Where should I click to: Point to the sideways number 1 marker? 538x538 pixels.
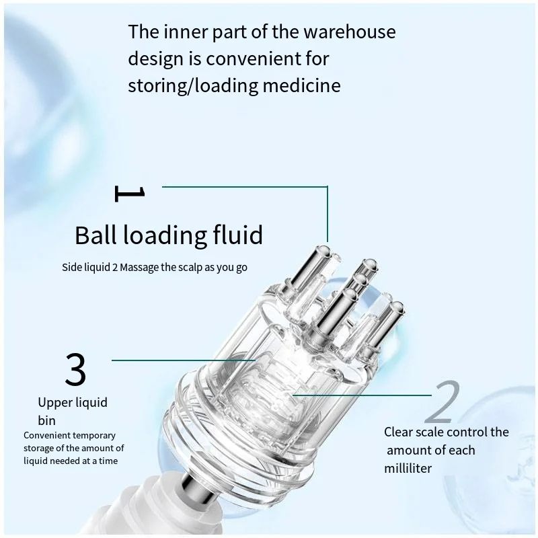[130, 194]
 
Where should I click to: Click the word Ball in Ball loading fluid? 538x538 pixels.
[95, 235]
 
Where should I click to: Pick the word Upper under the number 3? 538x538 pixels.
[52, 403]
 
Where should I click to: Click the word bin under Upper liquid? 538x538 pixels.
[46, 421]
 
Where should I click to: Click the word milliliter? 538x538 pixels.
[409, 468]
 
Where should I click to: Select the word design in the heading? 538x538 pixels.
[155, 59]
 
